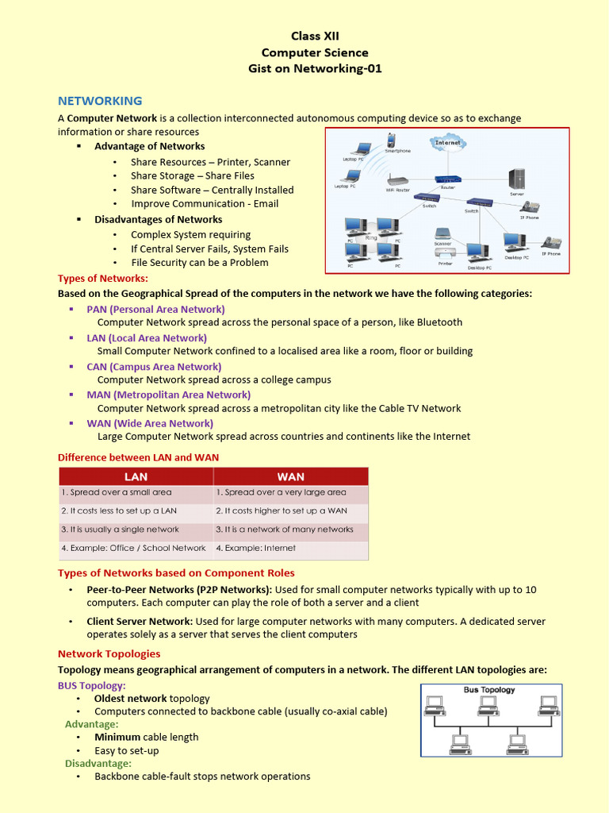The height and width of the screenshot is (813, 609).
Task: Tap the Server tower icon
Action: (x=517, y=179)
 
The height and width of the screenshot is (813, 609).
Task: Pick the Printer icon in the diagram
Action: (x=445, y=254)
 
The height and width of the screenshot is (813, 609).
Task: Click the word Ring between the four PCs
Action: (x=371, y=238)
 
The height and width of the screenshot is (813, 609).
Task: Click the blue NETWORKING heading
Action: (x=100, y=101)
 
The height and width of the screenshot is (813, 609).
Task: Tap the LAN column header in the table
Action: (x=136, y=476)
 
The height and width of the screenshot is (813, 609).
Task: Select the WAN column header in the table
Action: (x=290, y=476)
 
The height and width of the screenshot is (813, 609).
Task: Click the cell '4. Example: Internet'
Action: (x=255, y=548)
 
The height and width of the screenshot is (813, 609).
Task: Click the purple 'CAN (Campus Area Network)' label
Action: (x=154, y=367)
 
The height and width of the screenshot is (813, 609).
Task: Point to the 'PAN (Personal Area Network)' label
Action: (x=155, y=309)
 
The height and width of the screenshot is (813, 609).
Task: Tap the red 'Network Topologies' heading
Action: (x=109, y=653)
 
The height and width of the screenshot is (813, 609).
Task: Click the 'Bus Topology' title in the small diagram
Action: (x=488, y=690)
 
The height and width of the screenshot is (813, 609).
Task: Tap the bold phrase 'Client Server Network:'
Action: (x=140, y=621)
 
